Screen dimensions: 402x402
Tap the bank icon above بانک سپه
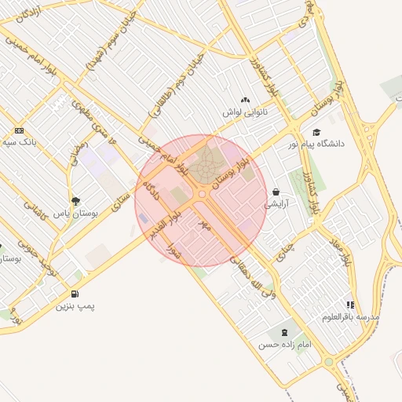pyautogui.click(x=19, y=131)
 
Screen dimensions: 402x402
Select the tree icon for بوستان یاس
pyautogui.click(x=75, y=201)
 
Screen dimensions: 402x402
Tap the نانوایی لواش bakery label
pyautogui.click(x=245, y=112)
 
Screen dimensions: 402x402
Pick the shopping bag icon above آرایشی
pyautogui.click(x=276, y=192)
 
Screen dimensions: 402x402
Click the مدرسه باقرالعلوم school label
pyautogui.click(x=350, y=317)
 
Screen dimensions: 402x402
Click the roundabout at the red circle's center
pyautogui.click(x=202, y=193)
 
